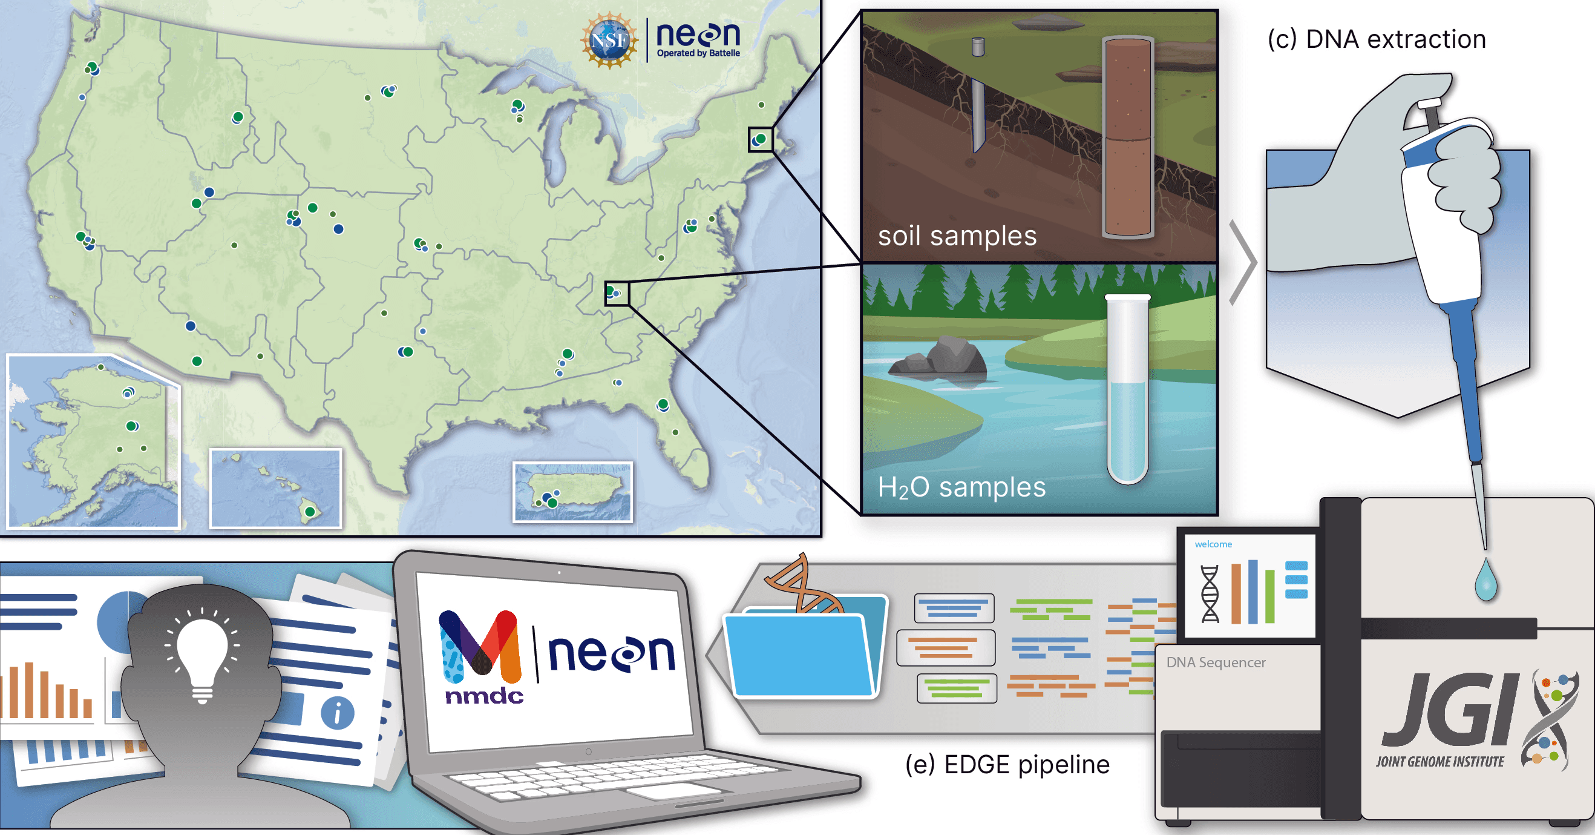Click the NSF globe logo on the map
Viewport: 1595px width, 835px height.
[x=609, y=40]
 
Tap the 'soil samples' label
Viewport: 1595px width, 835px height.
[x=957, y=236]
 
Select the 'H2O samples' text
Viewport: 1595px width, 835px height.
[x=961, y=487]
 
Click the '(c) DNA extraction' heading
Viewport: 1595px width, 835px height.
[x=1377, y=39]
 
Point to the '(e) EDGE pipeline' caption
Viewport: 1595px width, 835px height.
[x=1007, y=764]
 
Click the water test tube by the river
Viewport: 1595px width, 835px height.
[x=1127, y=390]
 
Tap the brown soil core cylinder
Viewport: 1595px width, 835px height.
[x=1127, y=137]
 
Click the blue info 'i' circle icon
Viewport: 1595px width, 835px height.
[x=338, y=712]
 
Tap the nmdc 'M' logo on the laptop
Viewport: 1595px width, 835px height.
[x=480, y=644]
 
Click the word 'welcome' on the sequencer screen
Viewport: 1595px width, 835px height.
[x=1213, y=544]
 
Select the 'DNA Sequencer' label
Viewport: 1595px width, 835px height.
[x=1216, y=662]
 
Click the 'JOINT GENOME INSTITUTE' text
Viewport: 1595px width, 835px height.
[x=1439, y=761]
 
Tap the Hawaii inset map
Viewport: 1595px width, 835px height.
[x=275, y=488]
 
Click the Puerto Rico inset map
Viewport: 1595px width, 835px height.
[x=573, y=492]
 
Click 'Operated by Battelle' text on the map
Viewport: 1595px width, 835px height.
[x=698, y=53]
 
